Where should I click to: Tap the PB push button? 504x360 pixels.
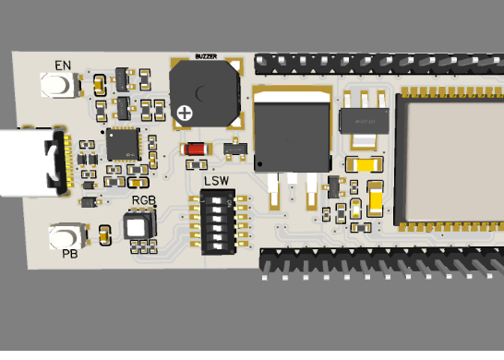pyautogui.click(x=67, y=234)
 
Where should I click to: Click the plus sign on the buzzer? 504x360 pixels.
pyautogui.click(x=186, y=113)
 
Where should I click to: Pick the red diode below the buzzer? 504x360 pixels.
pyautogui.click(x=196, y=149)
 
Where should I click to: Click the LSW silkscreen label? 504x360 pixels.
pyautogui.click(x=217, y=181)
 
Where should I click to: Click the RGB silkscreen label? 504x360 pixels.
pyautogui.click(x=142, y=199)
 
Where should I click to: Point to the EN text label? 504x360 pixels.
pyautogui.click(x=63, y=66)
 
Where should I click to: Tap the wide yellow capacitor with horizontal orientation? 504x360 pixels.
pyautogui.click(x=362, y=165)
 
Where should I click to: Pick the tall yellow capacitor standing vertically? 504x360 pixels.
pyautogui.click(x=376, y=198)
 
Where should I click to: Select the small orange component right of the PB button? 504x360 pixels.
pyautogui.click(x=102, y=234)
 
